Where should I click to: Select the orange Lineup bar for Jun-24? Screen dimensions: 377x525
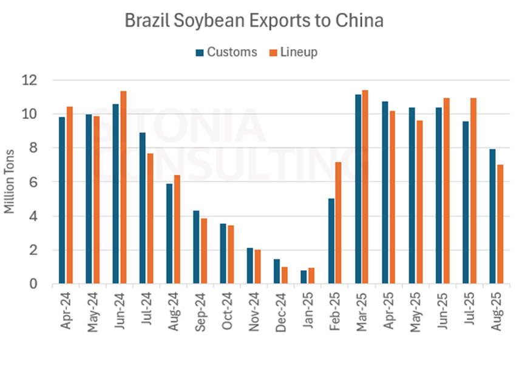(x=123, y=187)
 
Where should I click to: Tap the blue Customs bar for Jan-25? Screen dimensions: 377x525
(x=303, y=277)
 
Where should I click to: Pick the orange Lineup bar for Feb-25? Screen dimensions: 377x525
(x=338, y=223)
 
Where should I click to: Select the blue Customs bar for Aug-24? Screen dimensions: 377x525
(x=169, y=234)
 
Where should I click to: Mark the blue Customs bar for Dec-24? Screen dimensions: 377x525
(x=277, y=271)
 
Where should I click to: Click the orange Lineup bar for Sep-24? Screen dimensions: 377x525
(x=204, y=251)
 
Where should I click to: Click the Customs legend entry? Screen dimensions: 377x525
(x=227, y=52)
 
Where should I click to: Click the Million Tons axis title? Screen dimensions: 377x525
(x=10, y=182)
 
